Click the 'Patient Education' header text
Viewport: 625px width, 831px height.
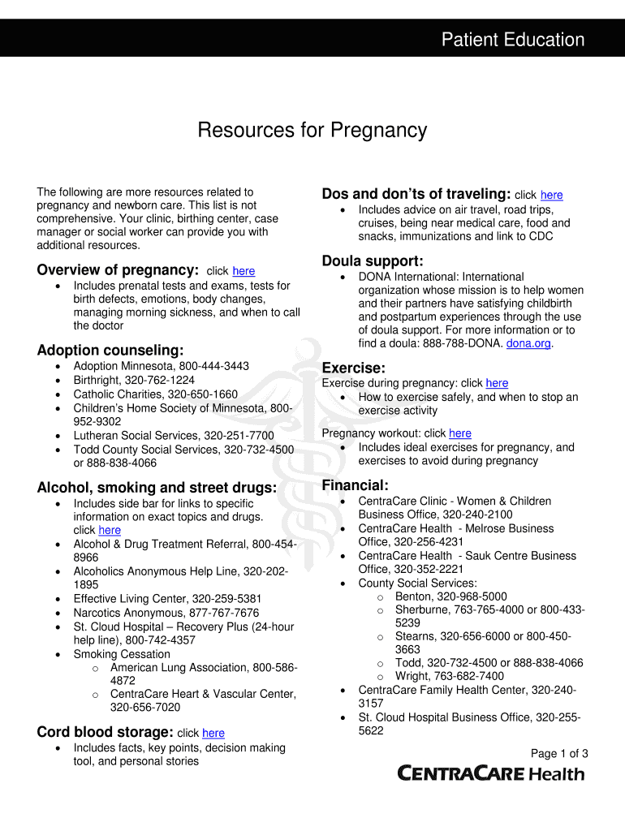[512, 40]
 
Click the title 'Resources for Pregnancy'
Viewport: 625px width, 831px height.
[312, 130]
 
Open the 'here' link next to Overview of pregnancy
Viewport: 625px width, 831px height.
[244, 271]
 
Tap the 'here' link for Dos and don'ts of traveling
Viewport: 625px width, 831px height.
[551, 195]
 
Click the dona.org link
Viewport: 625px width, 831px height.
[528, 343]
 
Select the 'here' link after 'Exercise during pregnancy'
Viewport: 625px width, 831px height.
[497, 383]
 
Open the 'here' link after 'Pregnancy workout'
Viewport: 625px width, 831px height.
[459, 433]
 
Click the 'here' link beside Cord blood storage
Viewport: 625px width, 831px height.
[213, 733]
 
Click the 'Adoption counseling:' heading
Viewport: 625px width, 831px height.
[110, 350]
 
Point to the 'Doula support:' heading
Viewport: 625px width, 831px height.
[373, 260]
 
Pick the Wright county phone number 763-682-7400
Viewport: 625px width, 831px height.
[464, 676]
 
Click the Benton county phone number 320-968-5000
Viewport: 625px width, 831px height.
[472, 596]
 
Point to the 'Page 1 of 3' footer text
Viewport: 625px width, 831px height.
[559, 753]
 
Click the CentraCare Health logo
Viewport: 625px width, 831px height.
[490, 773]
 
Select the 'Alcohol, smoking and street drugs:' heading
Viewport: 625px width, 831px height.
[157, 487]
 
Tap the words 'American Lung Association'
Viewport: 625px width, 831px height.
[179, 667]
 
